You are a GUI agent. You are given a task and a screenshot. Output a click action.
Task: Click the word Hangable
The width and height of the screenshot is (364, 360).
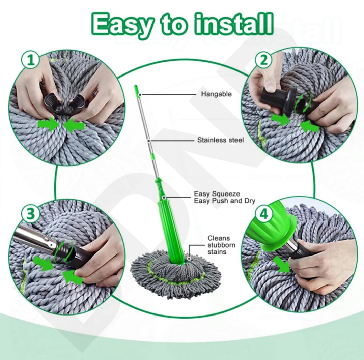(x=216, y=94)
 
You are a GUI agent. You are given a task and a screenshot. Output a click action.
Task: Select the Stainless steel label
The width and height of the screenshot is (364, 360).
(x=220, y=140)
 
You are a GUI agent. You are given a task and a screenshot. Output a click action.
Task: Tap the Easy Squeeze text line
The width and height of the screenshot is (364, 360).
(x=217, y=194)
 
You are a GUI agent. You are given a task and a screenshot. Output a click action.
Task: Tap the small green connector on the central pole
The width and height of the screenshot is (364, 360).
(x=153, y=157)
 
